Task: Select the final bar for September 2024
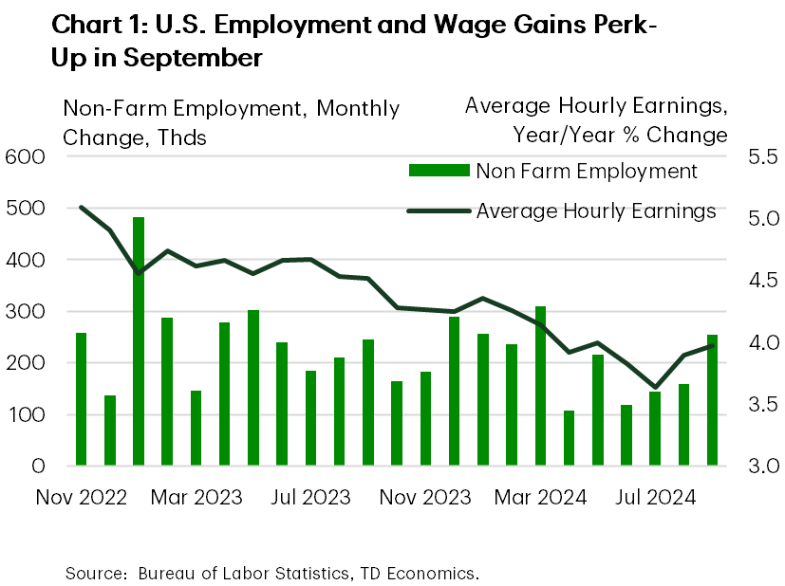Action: point(712,400)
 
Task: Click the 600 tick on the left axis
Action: point(25,156)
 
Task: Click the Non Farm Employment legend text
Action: point(587,172)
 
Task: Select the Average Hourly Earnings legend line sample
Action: point(439,211)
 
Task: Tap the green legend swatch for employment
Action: point(439,171)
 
